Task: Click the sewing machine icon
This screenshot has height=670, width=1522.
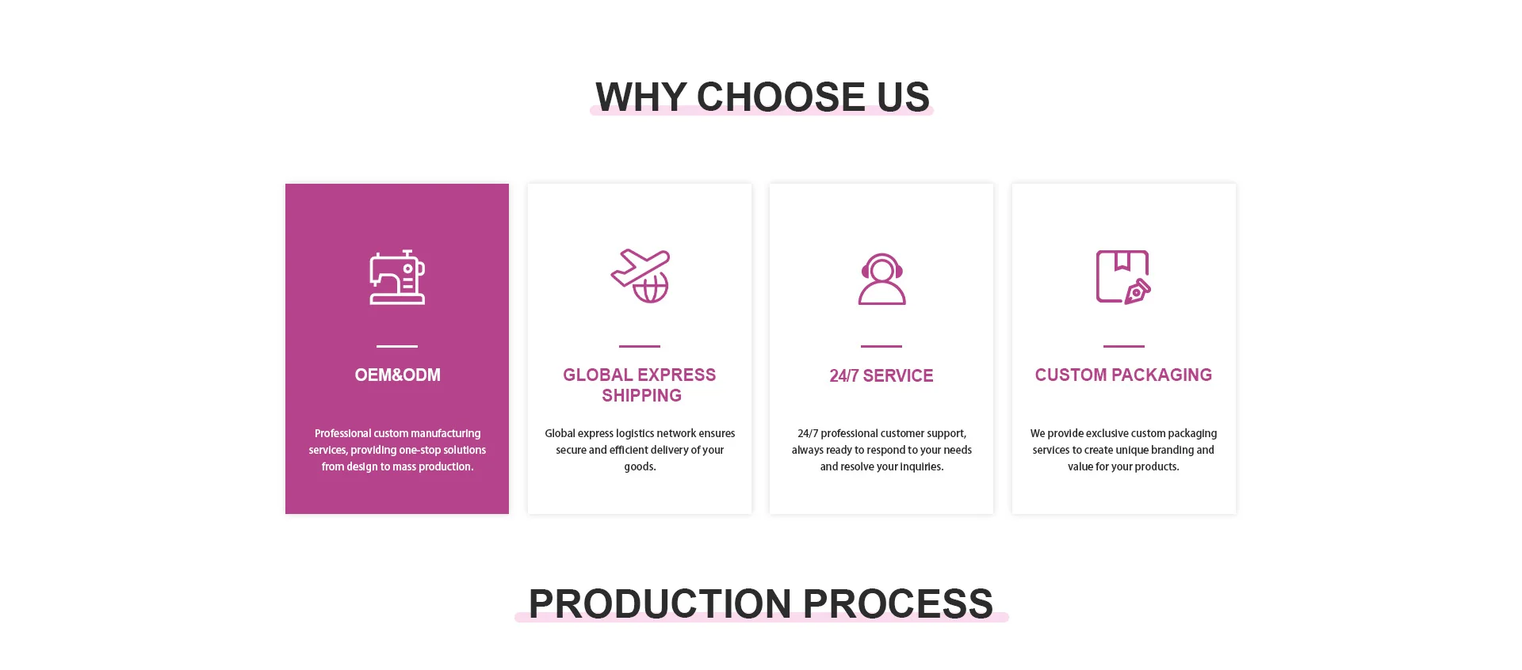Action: [x=397, y=277]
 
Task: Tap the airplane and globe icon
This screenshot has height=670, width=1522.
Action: [x=641, y=276]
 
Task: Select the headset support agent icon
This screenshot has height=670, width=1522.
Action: [x=881, y=279]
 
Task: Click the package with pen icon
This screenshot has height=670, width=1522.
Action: [x=1123, y=277]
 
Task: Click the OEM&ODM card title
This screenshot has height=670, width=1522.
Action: [x=397, y=375]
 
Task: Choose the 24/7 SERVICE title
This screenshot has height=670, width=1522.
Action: [x=881, y=375]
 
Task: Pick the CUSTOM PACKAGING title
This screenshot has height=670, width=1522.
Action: [x=1123, y=375]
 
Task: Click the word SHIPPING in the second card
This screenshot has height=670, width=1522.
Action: [x=641, y=395]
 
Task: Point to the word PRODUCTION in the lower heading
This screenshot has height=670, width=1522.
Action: [x=660, y=603]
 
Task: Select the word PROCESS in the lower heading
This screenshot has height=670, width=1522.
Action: [x=898, y=603]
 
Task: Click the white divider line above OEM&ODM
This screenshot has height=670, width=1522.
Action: [x=397, y=346]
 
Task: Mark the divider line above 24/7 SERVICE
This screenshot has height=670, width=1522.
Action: [x=881, y=346]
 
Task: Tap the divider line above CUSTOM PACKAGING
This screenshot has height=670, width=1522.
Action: [x=1124, y=346]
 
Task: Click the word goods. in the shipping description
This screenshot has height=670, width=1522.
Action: [x=640, y=467]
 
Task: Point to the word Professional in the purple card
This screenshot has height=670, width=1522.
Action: [x=343, y=433]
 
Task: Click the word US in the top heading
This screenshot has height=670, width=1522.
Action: [x=903, y=97]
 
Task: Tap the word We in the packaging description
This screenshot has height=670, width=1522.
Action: [x=1038, y=433]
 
